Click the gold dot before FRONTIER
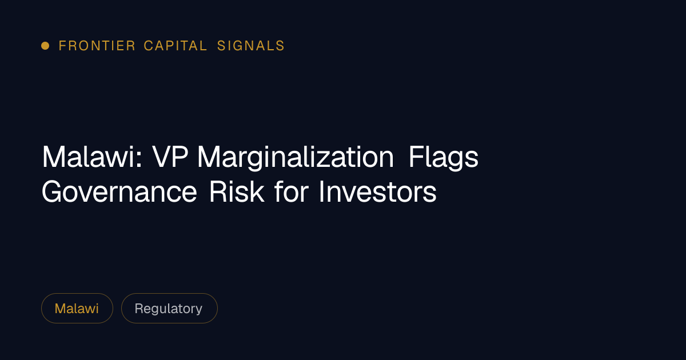coord(45,46)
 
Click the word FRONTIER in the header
coord(97,46)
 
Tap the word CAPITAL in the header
coord(176,46)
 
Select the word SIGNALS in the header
coord(251,46)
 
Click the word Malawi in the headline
coord(88,157)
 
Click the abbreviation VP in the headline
coord(170,157)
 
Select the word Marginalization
coord(295,158)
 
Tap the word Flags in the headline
coord(444,158)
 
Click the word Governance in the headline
coord(119,192)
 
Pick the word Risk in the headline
coord(237,191)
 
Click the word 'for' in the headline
coord(292,191)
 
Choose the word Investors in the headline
coord(378,191)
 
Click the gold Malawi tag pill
coord(77,308)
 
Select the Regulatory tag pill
coord(169,308)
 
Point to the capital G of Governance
coord(52,192)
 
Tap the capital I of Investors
coord(321,191)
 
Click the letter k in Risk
coord(258,191)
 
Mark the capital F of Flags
coord(416,157)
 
